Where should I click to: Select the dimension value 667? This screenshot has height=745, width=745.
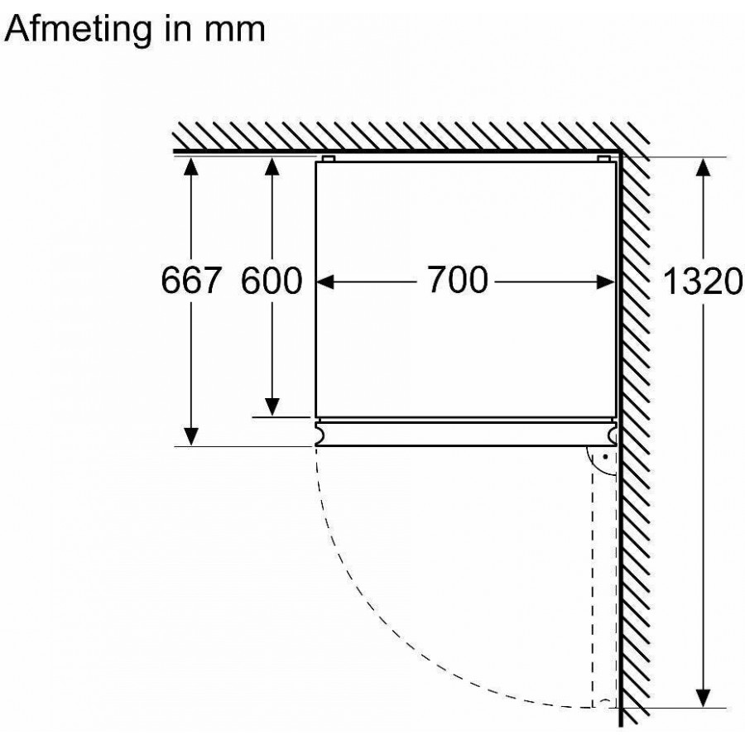192,281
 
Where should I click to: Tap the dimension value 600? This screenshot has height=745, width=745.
272,281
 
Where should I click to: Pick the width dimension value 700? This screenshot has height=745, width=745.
458,281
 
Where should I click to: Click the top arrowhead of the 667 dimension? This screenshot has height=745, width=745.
192,166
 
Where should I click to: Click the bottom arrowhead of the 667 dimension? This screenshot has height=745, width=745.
192,435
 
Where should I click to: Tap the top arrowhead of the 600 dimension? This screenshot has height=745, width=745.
272,166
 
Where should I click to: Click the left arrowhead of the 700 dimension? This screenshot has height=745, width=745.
326,282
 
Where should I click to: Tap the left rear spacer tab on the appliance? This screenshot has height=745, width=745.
329,157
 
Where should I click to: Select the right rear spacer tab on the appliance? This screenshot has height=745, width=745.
603,157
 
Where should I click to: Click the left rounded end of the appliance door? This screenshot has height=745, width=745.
319,432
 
